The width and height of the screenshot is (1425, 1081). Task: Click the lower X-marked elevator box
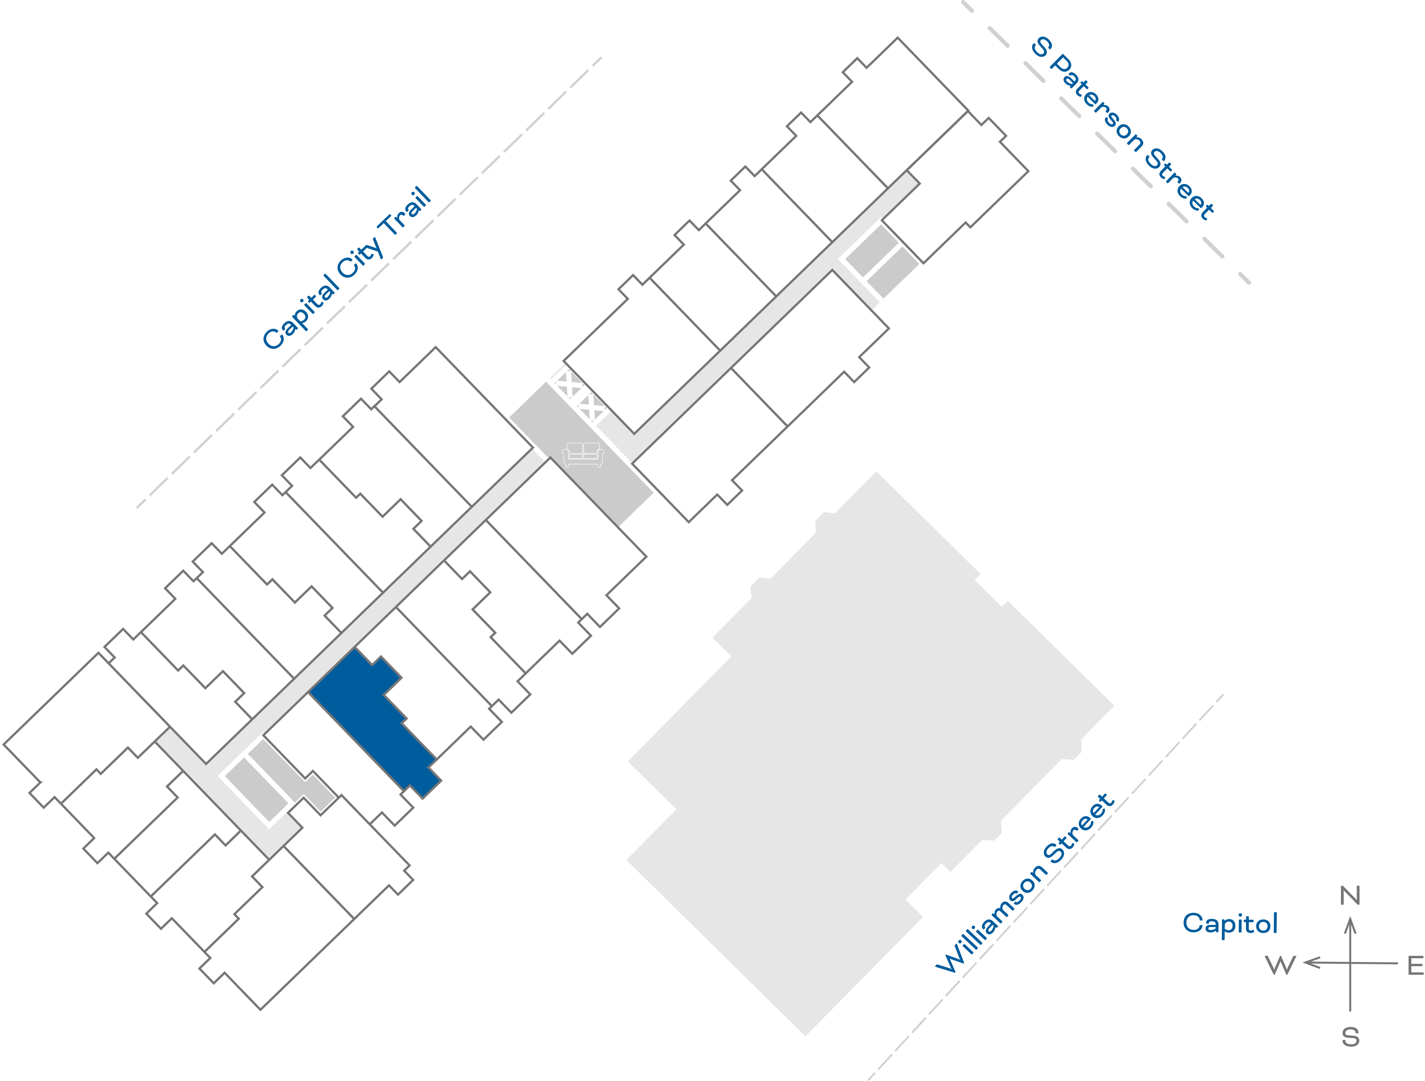tap(591, 407)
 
